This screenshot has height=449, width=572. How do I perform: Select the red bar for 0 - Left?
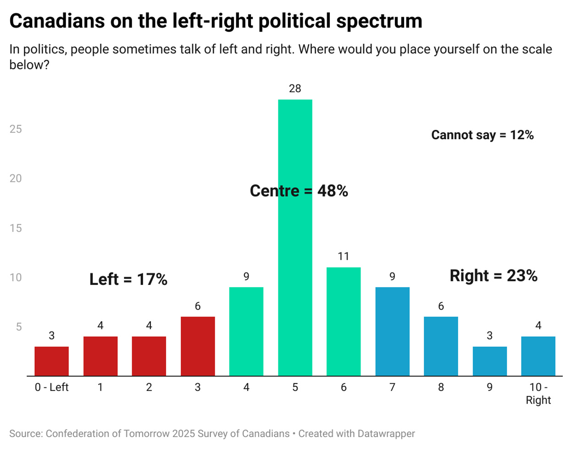[x=51, y=361]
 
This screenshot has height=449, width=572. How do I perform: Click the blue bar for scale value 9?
[x=489, y=361]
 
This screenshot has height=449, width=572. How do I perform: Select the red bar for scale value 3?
[x=198, y=346]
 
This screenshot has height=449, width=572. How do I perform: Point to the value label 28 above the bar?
[x=295, y=88]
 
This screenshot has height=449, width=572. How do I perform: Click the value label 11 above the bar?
[x=344, y=257]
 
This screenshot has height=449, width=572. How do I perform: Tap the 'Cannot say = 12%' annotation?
[x=482, y=135]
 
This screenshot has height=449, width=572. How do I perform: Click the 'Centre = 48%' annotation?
[x=299, y=191]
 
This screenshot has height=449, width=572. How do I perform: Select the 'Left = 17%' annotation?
[x=128, y=279]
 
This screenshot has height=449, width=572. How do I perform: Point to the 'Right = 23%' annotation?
[x=493, y=275]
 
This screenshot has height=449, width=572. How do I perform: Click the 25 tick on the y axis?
[x=16, y=129]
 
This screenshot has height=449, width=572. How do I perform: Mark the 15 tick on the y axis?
[x=16, y=228]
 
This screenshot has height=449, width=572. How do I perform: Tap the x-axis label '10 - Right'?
[x=538, y=394]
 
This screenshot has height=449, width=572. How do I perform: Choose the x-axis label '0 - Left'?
[x=51, y=387]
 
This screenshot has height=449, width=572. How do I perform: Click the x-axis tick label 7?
[x=392, y=387]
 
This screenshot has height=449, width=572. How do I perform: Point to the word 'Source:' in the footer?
[x=26, y=433]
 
